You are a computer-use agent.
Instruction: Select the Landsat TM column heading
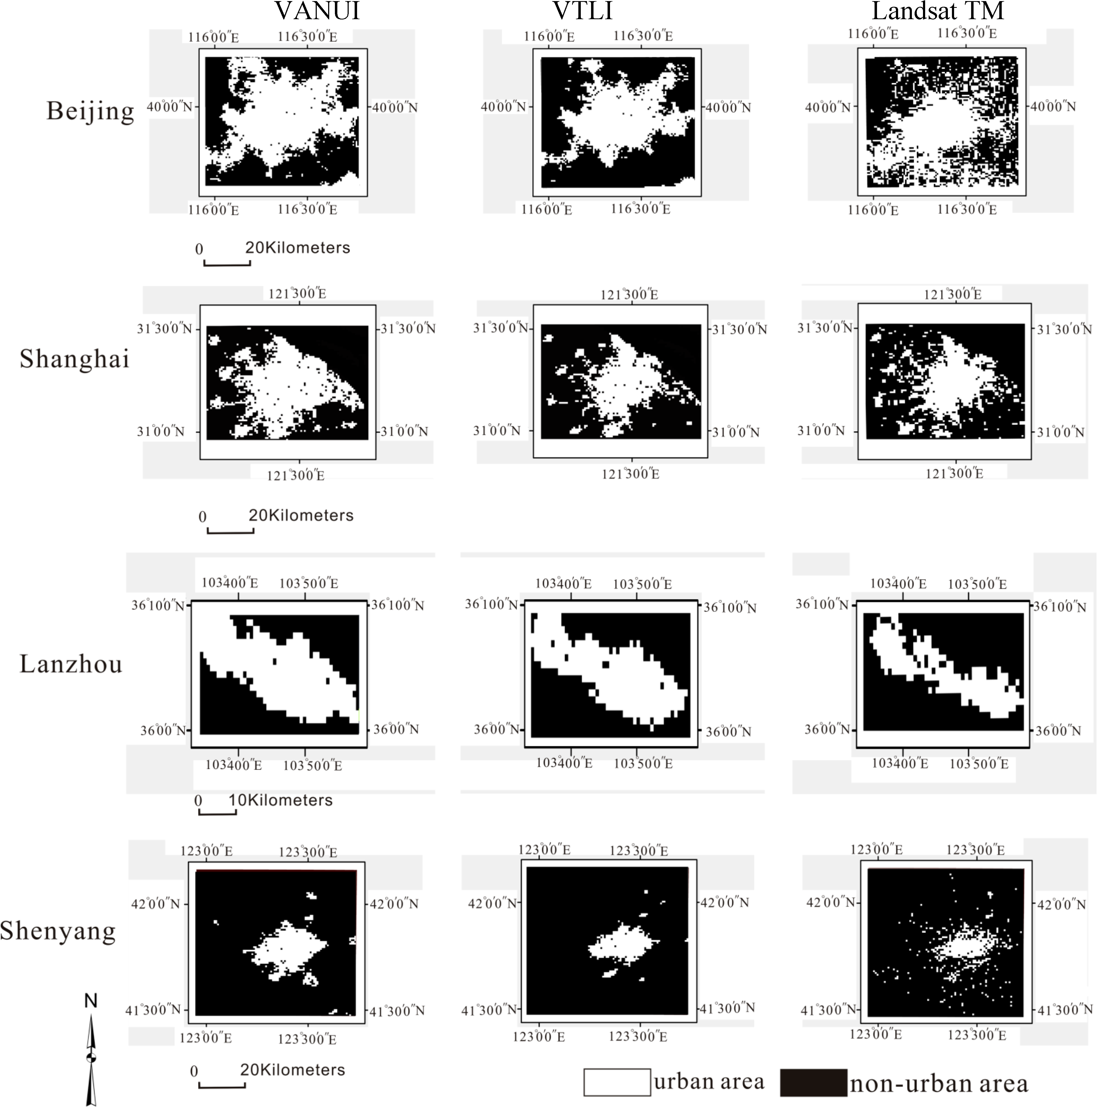(938, 11)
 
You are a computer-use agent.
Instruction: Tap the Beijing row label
(90, 111)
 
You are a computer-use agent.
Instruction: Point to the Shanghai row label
(75, 359)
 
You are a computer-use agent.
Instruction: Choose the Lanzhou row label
(71, 664)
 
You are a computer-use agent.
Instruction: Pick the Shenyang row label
(58, 930)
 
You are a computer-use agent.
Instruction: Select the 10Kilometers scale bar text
(281, 800)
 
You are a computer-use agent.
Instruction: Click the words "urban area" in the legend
(709, 1081)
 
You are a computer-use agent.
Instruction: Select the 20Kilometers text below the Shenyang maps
(293, 1070)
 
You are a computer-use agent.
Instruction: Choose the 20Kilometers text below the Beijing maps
(298, 248)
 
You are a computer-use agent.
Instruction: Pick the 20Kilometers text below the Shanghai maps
(301, 515)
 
